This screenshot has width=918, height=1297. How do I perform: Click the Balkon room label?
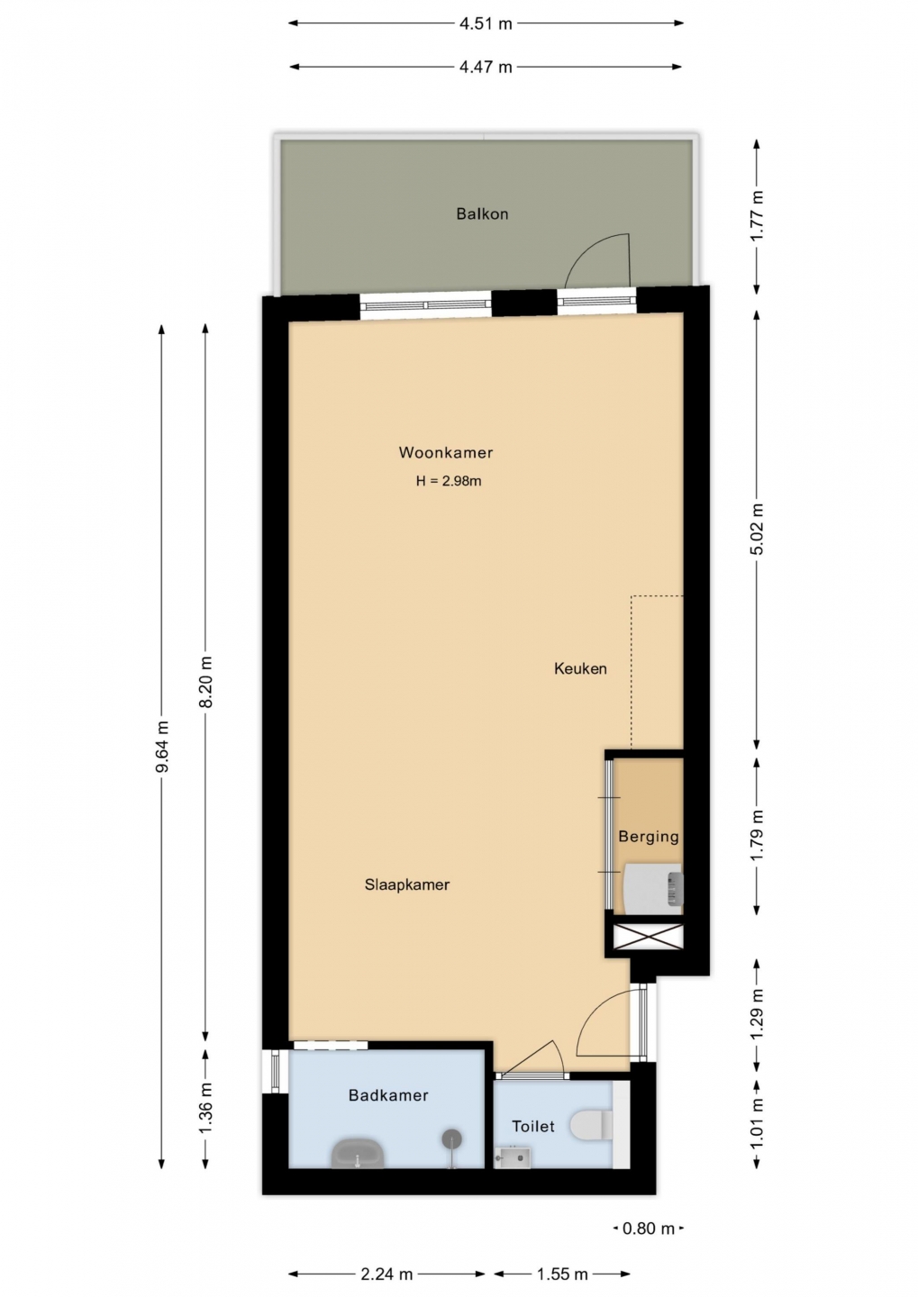[482, 214]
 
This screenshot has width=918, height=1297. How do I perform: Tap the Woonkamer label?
[445, 453]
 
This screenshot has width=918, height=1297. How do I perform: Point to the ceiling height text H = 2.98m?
[449, 481]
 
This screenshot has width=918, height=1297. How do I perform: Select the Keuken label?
[580, 668]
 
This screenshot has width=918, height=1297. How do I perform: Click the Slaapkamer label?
[407, 884]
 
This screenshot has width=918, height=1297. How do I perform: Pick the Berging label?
[648, 837]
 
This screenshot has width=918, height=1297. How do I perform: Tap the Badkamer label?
[388, 1095]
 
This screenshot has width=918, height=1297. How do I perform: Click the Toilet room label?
[532, 1126]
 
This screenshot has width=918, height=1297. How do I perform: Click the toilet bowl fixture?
[591, 1123]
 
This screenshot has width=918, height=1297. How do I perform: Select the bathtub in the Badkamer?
[358, 1154]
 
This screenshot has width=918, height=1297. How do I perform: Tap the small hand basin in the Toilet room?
[512, 1156]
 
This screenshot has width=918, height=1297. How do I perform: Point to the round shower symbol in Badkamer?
[452, 1139]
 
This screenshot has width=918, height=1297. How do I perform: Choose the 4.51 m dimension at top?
[486, 23]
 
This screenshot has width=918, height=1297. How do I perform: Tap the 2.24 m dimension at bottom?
[386, 1274]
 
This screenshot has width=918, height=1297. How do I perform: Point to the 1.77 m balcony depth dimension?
[757, 216]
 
